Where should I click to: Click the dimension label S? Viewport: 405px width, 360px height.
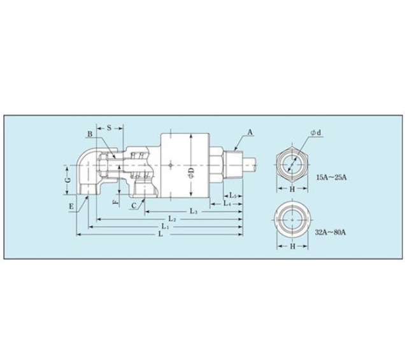pos(110,127)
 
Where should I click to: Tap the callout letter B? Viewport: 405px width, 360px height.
pos(90,134)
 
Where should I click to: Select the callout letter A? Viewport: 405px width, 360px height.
pos(250,133)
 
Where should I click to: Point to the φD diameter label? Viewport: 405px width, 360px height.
pos(191,172)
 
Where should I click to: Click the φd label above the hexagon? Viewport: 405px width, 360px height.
pos(316,133)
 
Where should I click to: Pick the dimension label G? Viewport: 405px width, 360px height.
pos(67,180)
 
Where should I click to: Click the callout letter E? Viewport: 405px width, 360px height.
pos(71,206)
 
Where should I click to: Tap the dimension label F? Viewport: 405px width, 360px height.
pos(116,202)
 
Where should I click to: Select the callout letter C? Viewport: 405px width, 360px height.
pos(134,206)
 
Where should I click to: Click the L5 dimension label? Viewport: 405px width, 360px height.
pos(232,195)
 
